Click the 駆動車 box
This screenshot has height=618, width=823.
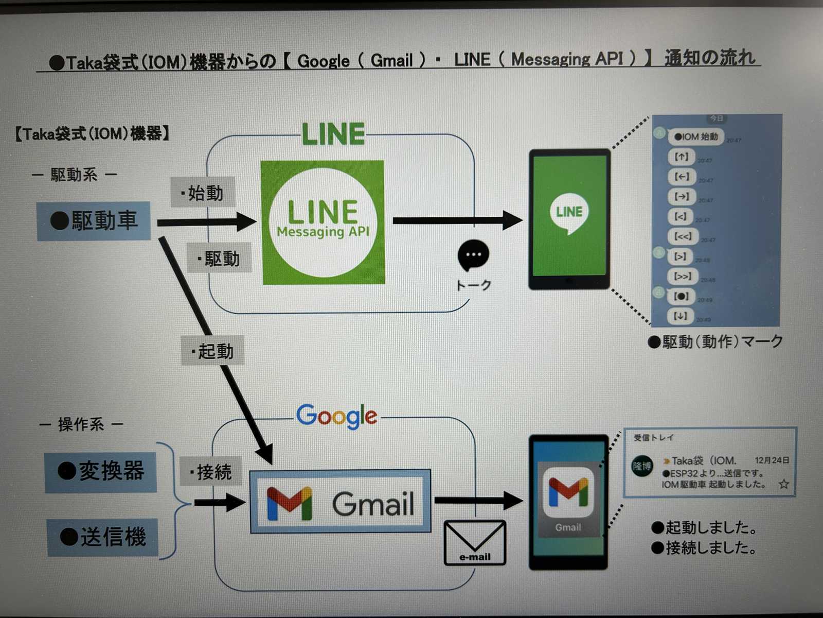tap(94, 221)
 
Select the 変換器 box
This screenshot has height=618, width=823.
tap(101, 471)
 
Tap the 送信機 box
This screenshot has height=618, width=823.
tap(103, 537)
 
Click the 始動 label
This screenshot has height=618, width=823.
tap(203, 193)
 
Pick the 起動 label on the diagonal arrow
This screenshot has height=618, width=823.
tap(212, 351)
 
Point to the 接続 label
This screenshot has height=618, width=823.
tap(211, 471)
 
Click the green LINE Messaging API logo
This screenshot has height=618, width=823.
tap(323, 222)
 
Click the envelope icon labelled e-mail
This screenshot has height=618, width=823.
tap(475, 542)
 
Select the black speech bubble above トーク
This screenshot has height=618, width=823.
tap(473, 255)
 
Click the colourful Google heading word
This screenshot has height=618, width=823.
tap(337, 416)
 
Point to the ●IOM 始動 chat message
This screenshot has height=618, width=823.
tap(696, 136)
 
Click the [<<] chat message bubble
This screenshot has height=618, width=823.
tap(683, 236)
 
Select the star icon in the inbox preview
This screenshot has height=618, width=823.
tap(783, 484)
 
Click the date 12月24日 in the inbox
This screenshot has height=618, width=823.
tap(772, 460)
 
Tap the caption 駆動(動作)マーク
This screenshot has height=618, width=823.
tap(716, 341)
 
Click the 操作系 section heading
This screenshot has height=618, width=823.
tap(81, 424)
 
